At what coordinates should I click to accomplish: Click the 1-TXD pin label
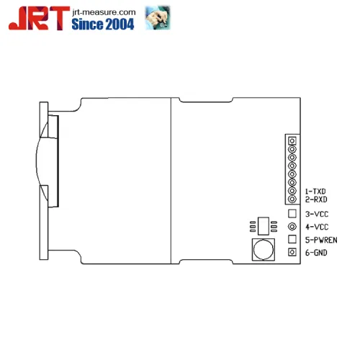click(315, 192)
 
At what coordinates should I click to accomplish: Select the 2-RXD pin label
click(315, 199)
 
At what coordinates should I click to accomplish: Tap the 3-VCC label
click(317, 215)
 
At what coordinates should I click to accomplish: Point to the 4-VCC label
click(317, 228)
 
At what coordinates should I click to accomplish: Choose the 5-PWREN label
click(321, 240)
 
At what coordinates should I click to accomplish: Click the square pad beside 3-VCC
click(292, 214)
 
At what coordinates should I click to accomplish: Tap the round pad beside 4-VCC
click(292, 227)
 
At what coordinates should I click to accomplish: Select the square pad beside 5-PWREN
click(292, 239)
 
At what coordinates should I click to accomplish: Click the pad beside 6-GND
click(292, 252)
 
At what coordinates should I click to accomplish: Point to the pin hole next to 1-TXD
click(292, 192)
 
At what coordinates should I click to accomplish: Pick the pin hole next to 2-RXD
click(292, 199)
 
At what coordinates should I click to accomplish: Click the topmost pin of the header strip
click(292, 140)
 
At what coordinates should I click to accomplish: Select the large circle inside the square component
click(264, 251)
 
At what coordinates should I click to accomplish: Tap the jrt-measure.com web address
click(104, 12)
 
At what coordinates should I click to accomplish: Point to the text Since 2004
click(105, 24)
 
